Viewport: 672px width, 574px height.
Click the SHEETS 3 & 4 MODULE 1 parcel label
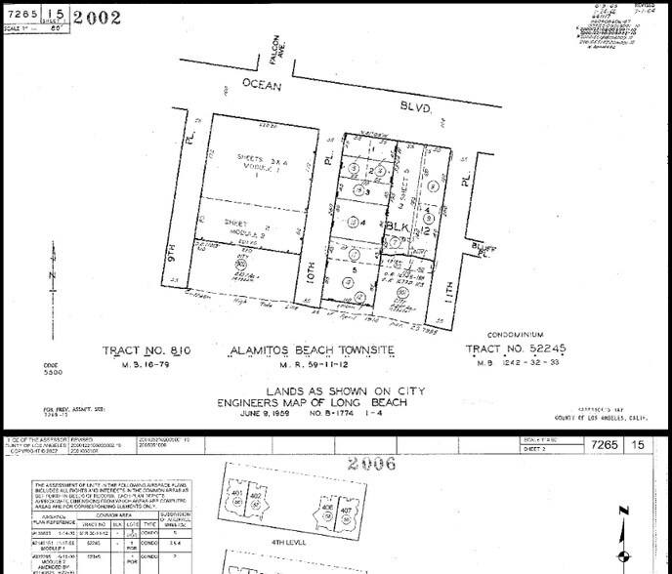(x=248, y=161)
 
